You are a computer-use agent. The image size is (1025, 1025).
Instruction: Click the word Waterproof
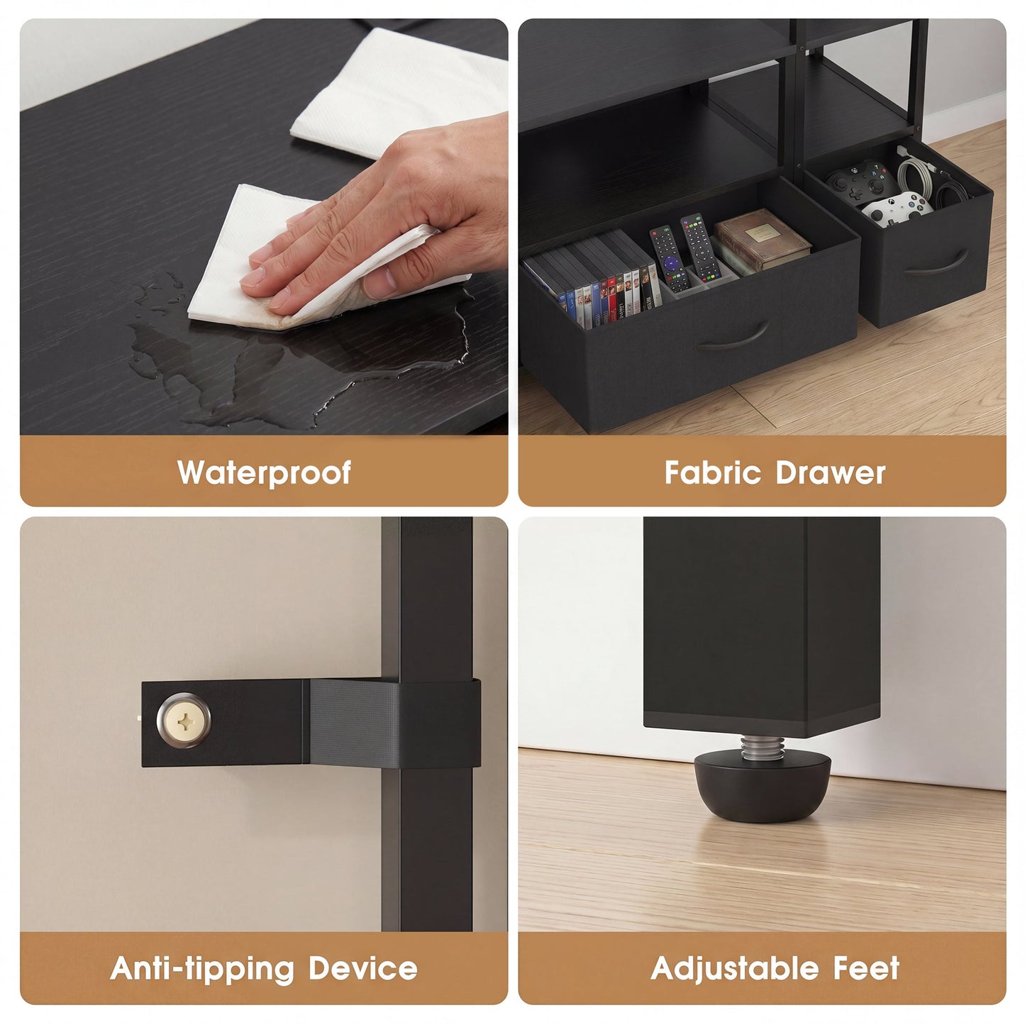[264, 472]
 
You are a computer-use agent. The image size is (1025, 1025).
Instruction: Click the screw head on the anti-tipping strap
[184, 720]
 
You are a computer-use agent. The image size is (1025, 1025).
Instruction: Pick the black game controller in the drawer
[861, 182]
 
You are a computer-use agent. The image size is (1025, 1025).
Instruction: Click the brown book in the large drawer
[762, 238]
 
